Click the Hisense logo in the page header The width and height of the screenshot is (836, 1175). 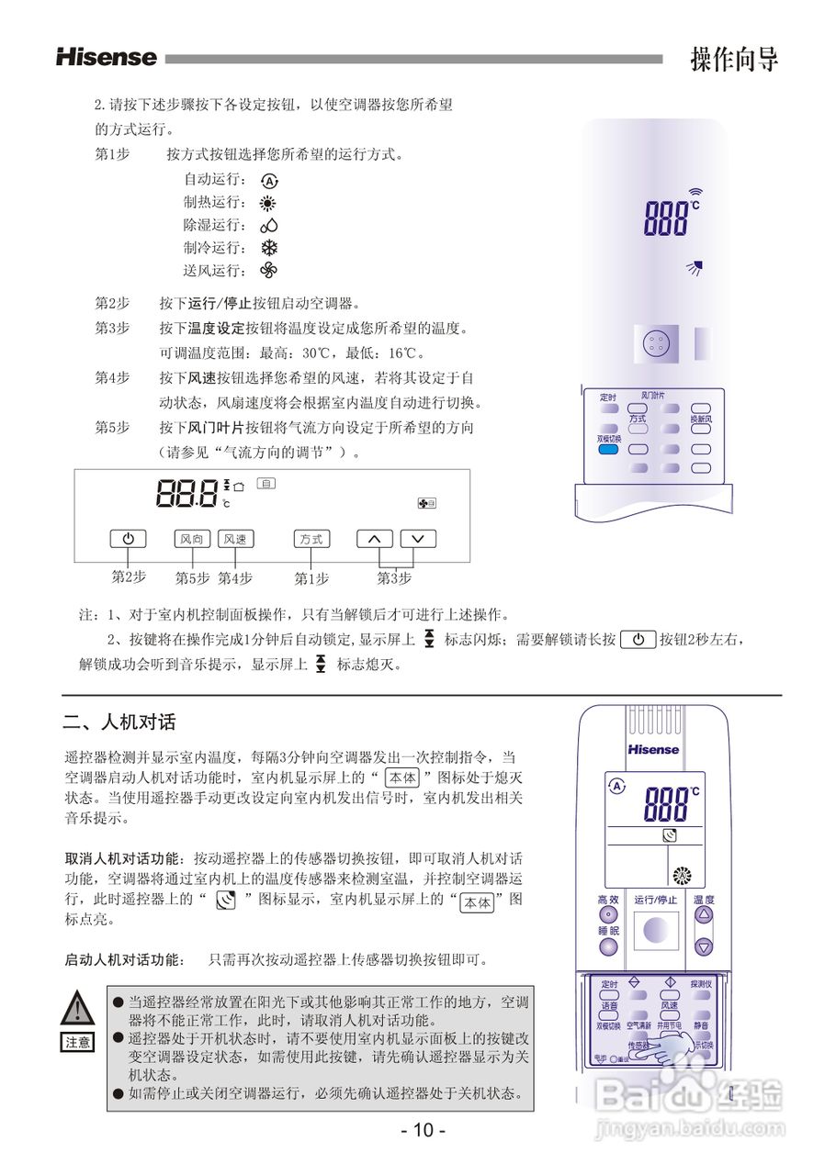[107, 57]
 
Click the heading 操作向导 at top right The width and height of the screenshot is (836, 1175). [734, 59]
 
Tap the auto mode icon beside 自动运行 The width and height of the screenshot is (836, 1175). [269, 181]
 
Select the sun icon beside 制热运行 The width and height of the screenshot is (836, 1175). [269, 203]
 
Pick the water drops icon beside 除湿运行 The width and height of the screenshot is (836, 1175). [269, 225]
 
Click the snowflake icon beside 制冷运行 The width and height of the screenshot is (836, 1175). [269, 248]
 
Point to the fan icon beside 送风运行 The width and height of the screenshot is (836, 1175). [269, 270]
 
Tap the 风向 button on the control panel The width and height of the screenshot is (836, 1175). [192, 539]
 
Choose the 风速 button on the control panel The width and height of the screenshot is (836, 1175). [235, 539]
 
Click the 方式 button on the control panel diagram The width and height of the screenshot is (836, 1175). [311, 539]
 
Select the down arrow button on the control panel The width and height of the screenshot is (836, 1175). [418, 539]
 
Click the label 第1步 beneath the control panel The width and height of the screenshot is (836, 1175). [311, 578]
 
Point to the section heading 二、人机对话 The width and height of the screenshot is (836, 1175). [119, 722]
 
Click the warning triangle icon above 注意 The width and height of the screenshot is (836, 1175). [78, 1009]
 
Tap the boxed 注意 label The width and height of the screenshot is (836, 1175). [78, 1042]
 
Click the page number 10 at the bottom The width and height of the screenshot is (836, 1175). [423, 1130]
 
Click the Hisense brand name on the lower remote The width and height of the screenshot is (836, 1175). [653, 749]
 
